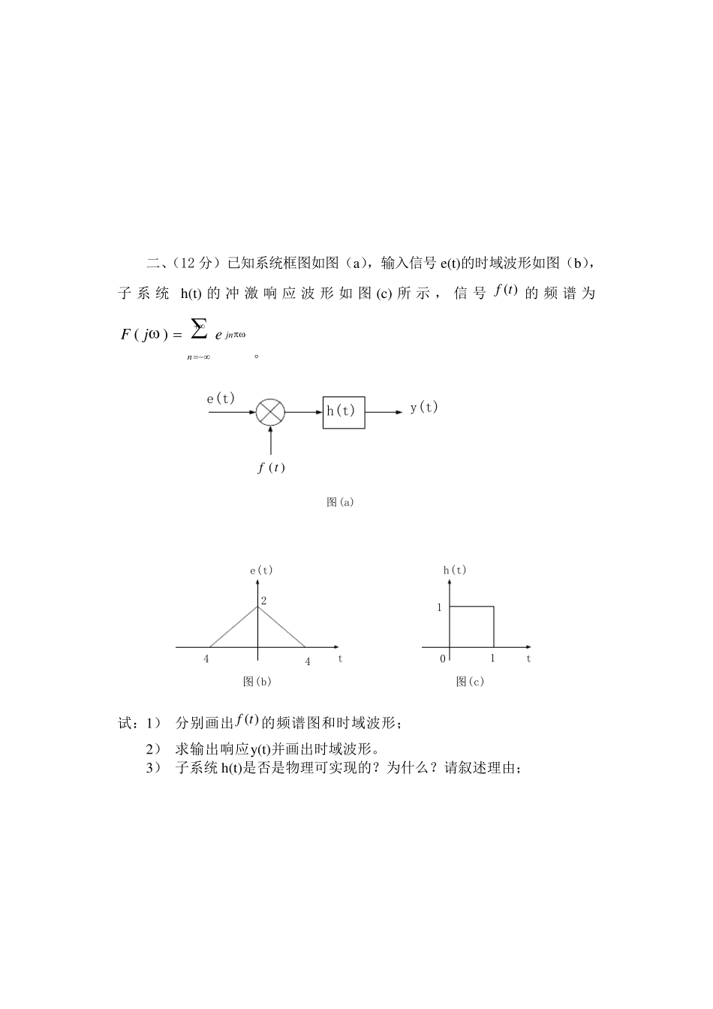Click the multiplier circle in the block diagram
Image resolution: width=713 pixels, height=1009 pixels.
click(270, 412)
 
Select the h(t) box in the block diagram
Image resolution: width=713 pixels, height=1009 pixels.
click(344, 412)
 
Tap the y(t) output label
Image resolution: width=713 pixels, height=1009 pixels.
click(424, 407)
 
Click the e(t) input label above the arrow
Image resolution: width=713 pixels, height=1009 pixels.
click(221, 399)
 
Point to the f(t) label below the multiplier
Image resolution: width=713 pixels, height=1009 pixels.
click(271, 468)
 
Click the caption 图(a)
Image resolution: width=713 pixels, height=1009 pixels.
click(340, 502)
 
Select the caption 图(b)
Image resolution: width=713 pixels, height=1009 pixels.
click(257, 681)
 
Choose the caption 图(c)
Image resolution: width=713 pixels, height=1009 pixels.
click(470, 681)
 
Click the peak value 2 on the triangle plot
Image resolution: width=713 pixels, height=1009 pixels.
click(263, 601)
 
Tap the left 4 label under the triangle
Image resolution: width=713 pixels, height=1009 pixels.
click(206, 660)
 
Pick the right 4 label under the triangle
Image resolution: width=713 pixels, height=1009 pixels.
click(307, 661)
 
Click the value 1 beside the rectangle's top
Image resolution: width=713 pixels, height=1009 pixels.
click(440, 607)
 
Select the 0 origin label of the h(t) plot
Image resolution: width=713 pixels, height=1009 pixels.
click(443, 659)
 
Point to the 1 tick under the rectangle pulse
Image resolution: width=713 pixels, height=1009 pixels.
click(493, 658)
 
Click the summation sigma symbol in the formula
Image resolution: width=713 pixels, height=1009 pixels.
click(198, 328)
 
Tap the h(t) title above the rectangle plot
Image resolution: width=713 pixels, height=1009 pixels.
click(455, 570)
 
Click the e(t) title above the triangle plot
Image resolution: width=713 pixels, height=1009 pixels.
click(261, 570)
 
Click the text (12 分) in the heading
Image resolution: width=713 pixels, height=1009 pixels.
click(194, 263)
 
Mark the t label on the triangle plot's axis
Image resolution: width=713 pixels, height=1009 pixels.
click(340, 658)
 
